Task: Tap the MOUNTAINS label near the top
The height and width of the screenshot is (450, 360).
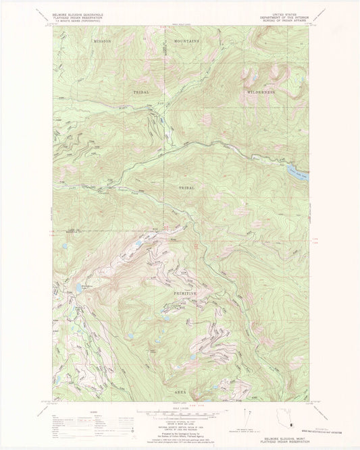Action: (186, 42)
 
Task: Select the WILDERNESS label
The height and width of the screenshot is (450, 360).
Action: (261, 91)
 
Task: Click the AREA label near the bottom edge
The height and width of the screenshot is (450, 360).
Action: (181, 392)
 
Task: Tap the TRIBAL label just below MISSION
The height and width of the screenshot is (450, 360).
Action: (141, 91)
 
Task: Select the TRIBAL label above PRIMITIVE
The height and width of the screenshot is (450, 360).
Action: (186, 188)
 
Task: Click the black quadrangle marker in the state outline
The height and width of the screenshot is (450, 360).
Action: (288, 425)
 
